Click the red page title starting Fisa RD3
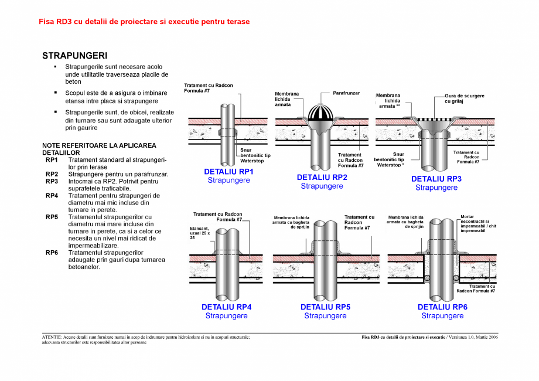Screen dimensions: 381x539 click(x=144, y=22)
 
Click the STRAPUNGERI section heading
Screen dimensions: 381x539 click(x=74, y=56)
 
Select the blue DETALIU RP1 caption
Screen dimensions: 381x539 click(x=228, y=172)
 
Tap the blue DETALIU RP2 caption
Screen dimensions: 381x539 click(x=322, y=178)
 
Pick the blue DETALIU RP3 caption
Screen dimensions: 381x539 click(x=436, y=179)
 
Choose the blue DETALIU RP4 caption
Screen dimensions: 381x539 click(x=226, y=307)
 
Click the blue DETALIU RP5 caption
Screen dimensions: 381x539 click(x=325, y=307)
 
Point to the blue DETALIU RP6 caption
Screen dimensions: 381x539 click(x=442, y=307)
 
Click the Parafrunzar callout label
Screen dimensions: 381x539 click(x=346, y=93)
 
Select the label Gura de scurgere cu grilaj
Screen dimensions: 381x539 click(x=465, y=98)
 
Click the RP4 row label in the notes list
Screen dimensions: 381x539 click(x=52, y=196)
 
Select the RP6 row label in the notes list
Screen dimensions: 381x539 click(x=52, y=253)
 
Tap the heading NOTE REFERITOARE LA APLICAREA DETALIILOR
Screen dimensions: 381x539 click(x=99, y=148)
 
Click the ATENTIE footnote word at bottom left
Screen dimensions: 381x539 click(x=52, y=338)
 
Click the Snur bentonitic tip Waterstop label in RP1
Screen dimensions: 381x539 click(x=255, y=155)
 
